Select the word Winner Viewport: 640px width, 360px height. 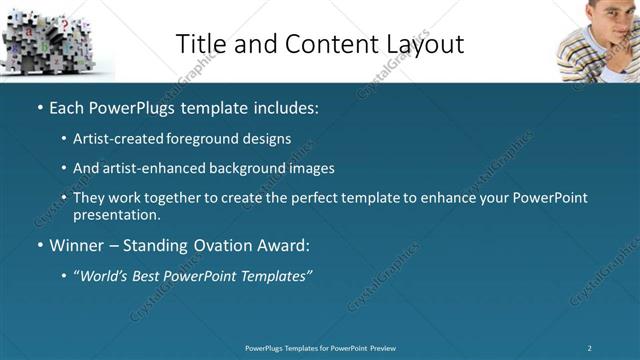78,244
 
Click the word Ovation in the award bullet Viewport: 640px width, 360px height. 223,244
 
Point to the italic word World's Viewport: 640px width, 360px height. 103,276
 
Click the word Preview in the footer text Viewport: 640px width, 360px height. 382,347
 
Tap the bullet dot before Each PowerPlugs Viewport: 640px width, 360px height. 39,106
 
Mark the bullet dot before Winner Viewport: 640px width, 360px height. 39,244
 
